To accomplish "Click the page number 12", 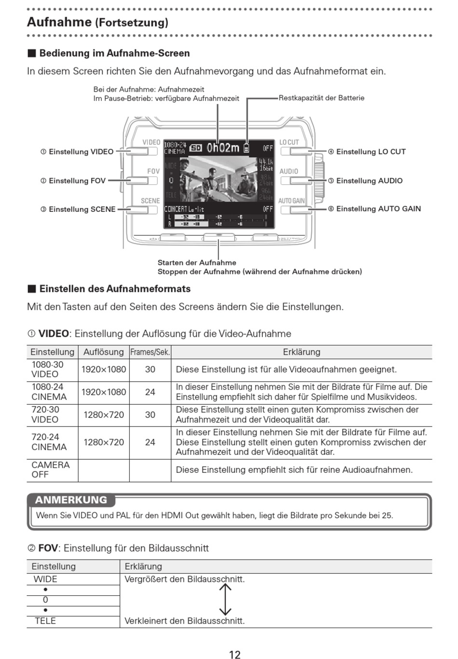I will point(234,655).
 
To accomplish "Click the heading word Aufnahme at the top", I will point(59,22).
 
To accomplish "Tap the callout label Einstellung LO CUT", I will point(370,151).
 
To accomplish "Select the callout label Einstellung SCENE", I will point(81,209).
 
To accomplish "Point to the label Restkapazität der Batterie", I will point(321,98).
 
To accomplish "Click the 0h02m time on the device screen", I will point(223,148).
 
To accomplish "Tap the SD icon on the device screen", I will point(196,148).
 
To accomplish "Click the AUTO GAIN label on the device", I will point(291,201).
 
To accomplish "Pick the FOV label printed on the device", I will point(153,171).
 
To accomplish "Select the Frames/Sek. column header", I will point(150,352).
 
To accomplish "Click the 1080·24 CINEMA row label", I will point(49,392).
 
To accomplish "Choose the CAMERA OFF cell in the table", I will point(50,469).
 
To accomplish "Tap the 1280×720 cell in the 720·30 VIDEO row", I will point(103,414).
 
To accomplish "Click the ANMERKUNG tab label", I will point(71,500).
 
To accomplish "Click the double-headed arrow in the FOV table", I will point(225,599).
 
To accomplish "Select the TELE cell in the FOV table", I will point(45,621).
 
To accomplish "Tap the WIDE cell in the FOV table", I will point(45,579).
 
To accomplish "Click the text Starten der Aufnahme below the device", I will point(197,262).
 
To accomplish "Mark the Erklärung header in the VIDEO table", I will point(301,352).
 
